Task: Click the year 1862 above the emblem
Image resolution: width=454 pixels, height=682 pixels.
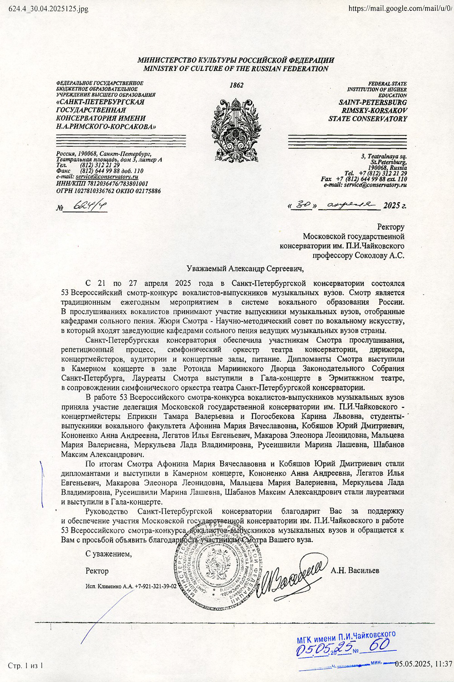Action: point(237,85)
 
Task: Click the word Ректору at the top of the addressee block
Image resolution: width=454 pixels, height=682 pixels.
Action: point(390,227)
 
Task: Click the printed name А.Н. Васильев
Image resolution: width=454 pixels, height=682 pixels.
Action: point(355,571)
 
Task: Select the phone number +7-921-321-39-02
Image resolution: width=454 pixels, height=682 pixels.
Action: point(156,587)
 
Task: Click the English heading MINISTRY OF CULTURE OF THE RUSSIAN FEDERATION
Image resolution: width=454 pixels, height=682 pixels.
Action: point(236,69)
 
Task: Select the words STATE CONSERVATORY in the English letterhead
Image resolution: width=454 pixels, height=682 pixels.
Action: point(368,119)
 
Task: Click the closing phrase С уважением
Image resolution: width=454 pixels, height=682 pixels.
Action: point(109,554)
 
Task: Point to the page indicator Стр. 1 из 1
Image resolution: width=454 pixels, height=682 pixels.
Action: point(25,666)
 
